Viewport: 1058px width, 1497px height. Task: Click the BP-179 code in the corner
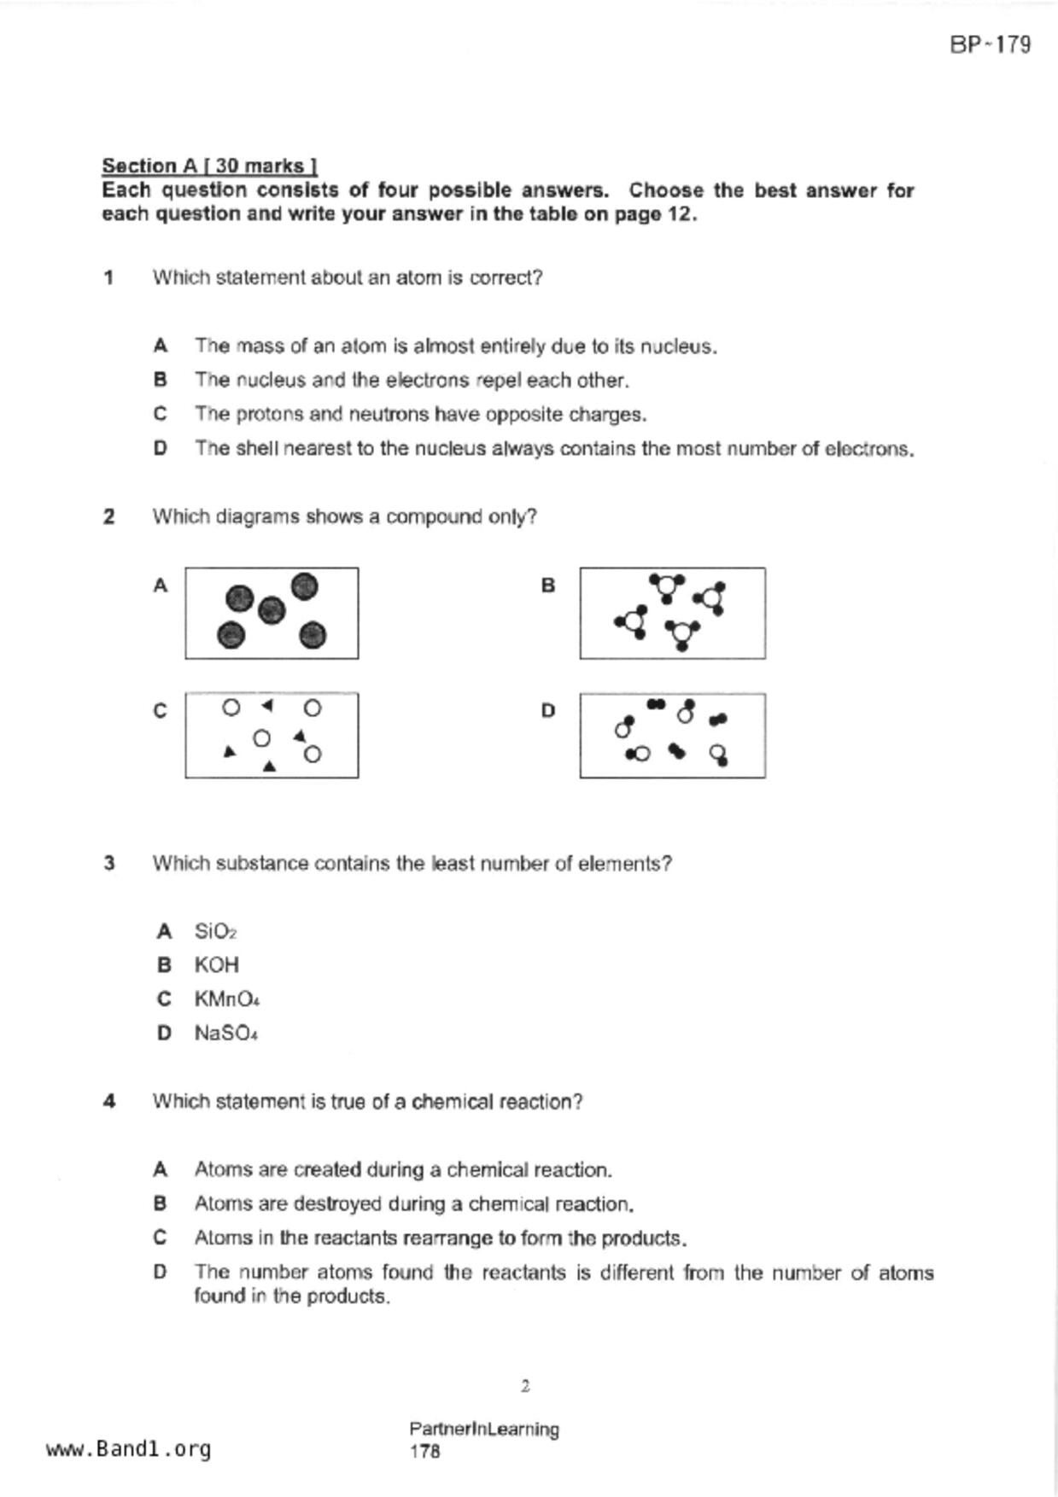[990, 44]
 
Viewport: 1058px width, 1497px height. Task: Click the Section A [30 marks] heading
[209, 166]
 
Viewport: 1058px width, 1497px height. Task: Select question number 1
[108, 277]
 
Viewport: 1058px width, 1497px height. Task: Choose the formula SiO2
[215, 931]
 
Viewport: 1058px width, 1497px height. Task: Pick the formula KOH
[216, 965]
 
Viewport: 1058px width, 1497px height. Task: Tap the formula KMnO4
[226, 999]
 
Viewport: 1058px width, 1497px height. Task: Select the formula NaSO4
[225, 1034]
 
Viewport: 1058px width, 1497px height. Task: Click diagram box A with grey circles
[272, 613]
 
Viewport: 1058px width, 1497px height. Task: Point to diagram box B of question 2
[672, 613]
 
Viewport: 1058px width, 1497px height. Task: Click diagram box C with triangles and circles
[272, 735]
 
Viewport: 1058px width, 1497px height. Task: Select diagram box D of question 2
[672, 735]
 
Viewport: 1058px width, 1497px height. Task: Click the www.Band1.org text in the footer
[128, 1449]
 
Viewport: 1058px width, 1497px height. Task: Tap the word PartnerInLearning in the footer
[483, 1429]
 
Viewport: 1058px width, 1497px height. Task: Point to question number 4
[108, 1102]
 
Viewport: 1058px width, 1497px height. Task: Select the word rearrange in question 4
[447, 1238]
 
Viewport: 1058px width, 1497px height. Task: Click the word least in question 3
[453, 864]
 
